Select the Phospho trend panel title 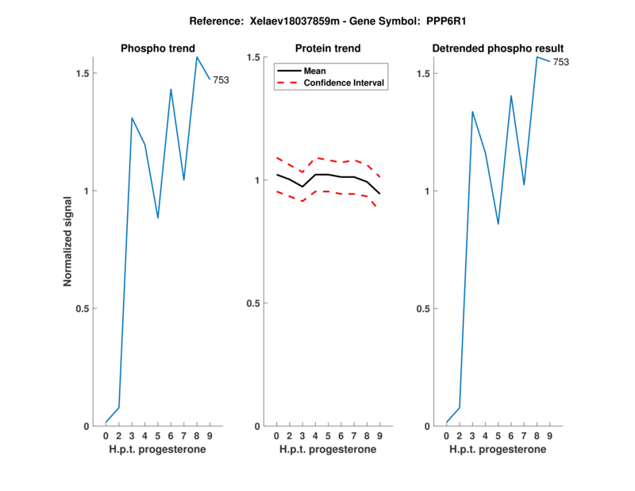tap(157, 49)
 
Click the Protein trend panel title tap(327, 49)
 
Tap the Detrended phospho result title tap(497, 49)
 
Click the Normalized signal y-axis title tap(69, 242)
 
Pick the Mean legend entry tap(315, 71)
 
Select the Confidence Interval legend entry tap(344, 83)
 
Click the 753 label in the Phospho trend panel tap(221, 79)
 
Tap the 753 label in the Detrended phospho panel tap(560, 62)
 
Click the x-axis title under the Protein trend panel tap(327, 450)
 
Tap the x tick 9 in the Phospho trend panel tap(210, 436)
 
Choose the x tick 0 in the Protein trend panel tap(276, 436)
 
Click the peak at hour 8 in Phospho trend tap(197, 56)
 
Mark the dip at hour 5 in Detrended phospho tap(498, 224)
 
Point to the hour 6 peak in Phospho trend tap(171, 89)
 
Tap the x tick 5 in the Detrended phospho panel tap(498, 436)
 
